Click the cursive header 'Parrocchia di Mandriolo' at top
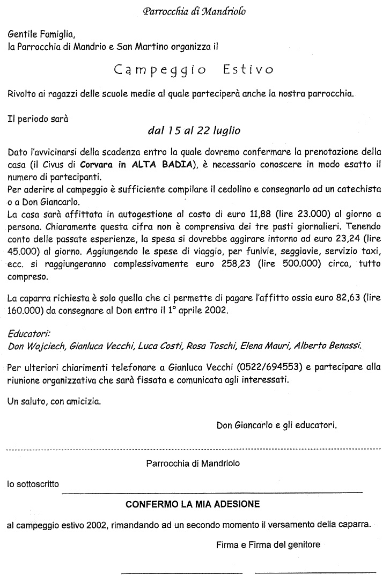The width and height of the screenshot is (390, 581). pyautogui.click(x=195, y=11)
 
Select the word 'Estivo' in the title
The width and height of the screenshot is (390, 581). pyautogui.click(x=247, y=70)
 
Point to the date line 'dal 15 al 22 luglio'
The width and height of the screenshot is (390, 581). pyautogui.click(x=194, y=130)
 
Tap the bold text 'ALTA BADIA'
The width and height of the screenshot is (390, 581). pyautogui.click(x=157, y=164)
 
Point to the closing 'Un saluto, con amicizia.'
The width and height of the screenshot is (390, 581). pyautogui.click(x=54, y=401)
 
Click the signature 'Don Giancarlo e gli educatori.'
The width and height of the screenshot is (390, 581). pyautogui.click(x=277, y=426)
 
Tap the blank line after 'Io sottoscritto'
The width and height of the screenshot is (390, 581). pyautogui.click(x=211, y=490)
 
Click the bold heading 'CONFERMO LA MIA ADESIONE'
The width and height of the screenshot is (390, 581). pyautogui.click(x=193, y=504)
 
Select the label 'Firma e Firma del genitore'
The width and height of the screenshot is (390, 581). pyautogui.click(x=268, y=545)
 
